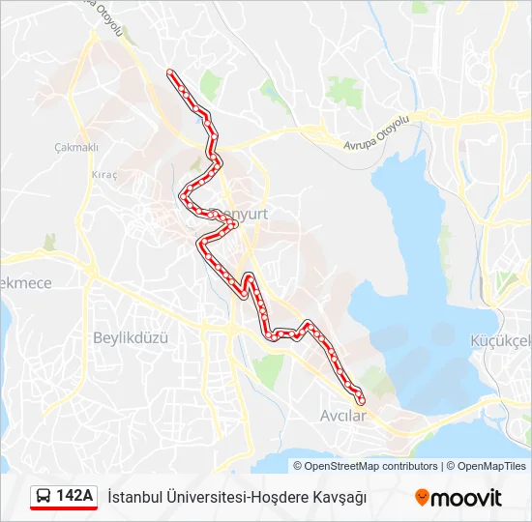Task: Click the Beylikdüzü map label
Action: pyautogui.click(x=131, y=337)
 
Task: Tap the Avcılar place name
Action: pyautogui.click(x=343, y=416)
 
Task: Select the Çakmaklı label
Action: pyautogui.click(x=76, y=148)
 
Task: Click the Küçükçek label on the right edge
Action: pyautogui.click(x=500, y=340)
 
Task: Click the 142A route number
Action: pyautogui.click(x=74, y=496)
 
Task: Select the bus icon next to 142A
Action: pyautogui.click(x=44, y=497)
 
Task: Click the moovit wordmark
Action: pyautogui.click(x=467, y=498)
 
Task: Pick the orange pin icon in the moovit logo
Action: pyautogui.click(x=423, y=498)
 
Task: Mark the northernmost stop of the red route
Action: pyautogui.click(x=171, y=72)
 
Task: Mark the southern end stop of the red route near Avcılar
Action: pyautogui.click(x=361, y=399)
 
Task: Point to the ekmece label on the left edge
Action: pyautogui.click(x=25, y=283)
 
